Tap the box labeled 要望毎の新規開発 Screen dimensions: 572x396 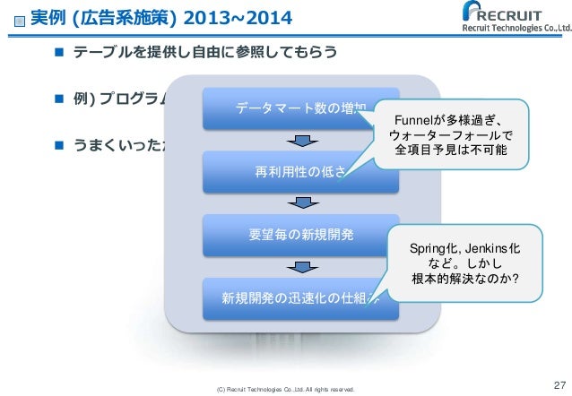(x=300, y=236)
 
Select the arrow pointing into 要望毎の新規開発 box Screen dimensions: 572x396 (x=301, y=204)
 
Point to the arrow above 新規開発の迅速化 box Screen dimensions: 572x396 (x=301, y=267)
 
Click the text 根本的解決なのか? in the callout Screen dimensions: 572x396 (x=460, y=279)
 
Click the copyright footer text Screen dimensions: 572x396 (x=281, y=389)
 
